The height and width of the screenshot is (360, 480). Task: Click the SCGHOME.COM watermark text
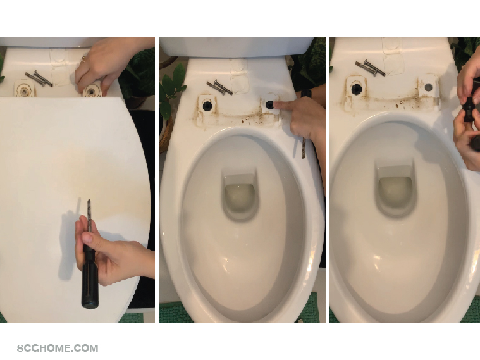coord(58,349)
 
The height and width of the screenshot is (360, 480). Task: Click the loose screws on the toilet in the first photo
coord(39,78)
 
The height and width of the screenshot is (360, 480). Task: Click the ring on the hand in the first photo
coord(83,59)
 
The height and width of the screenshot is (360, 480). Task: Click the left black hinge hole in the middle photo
coord(207,106)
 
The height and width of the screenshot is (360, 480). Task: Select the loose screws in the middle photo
coord(219,87)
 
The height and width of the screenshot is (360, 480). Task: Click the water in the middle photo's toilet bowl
coord(240,199)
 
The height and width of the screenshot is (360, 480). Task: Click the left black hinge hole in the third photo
coord(357,89)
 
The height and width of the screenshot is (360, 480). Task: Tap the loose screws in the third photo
coord(369,68)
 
